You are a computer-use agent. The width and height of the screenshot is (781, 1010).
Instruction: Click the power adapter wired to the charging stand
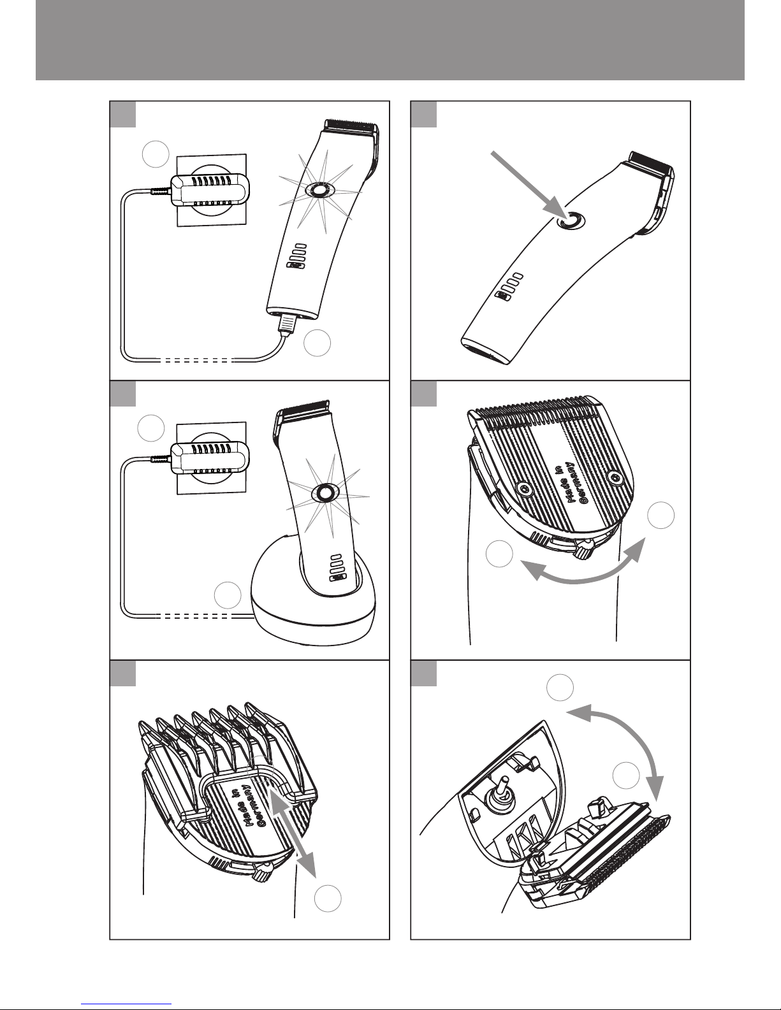coord(210,458)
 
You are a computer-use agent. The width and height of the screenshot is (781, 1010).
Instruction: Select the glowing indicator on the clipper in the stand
coord(325,492)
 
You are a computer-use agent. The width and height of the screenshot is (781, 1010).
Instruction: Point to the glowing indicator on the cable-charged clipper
coord(318,190)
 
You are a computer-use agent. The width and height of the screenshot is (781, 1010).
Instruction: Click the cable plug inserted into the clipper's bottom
coord(287,324)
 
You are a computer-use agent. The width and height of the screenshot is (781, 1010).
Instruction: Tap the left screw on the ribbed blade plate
coord(524,487)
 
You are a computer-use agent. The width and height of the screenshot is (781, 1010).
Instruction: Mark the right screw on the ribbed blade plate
coord(615,476)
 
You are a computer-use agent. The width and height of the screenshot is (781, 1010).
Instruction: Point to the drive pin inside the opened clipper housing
coord(500,786)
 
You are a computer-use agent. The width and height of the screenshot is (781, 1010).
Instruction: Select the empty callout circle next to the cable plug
coord(317,343)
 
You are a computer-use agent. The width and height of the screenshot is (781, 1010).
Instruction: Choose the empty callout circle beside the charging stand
coord(228,595)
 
